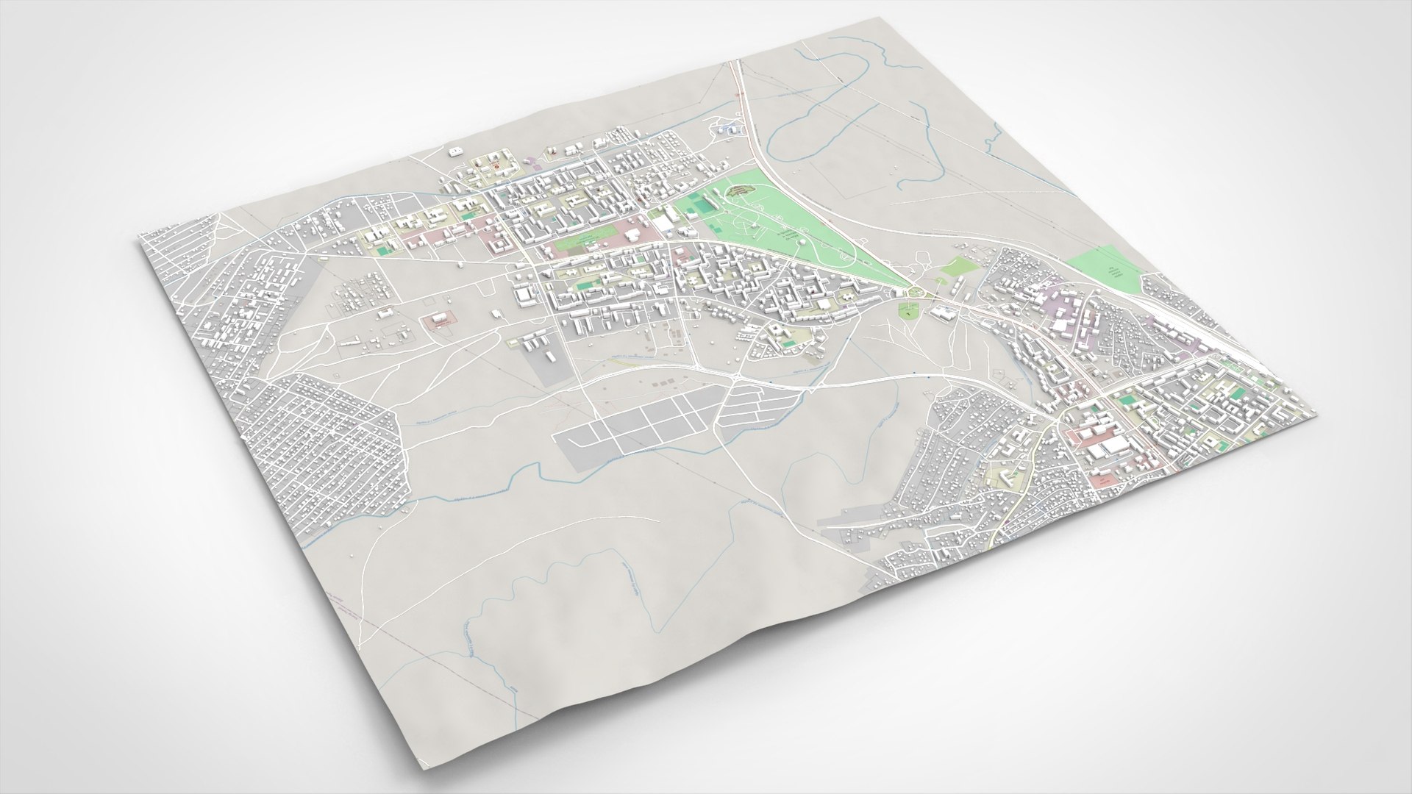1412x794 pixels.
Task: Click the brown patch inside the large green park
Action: pos(744,193)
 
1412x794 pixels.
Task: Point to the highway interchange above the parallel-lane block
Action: pos(735,374)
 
